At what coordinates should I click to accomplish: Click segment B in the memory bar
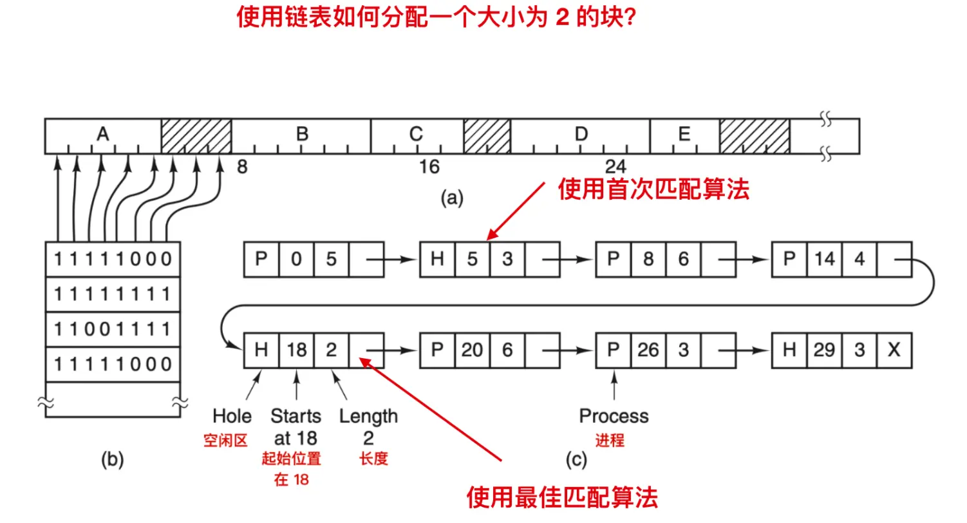pos(301,135)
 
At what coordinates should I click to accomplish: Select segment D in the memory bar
pos(581,135)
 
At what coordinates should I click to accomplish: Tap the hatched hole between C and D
pos(487,135)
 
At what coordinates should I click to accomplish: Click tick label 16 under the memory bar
pos(429,167)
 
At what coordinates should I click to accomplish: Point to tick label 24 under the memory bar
pos(615,167)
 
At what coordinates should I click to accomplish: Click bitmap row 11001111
pos(113,329)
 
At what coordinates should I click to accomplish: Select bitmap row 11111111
pos(113,294)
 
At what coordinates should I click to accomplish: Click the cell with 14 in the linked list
pos(824,260)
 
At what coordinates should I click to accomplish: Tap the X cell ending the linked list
pos(894,350)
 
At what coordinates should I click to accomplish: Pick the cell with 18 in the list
pos(296,350)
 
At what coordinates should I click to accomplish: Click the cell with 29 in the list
pos(824,350)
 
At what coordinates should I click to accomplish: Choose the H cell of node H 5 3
pos(437,260)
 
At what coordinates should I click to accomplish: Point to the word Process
pos(614,416)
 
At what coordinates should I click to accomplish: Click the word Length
pos(368,416)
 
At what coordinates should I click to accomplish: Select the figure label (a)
pos(451,198)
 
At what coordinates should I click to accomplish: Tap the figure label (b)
pos(112,459)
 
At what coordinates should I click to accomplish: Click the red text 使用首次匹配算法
pos(653,190)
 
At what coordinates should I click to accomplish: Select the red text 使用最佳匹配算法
pos(562,498)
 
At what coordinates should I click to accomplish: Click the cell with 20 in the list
pos(472,350)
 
